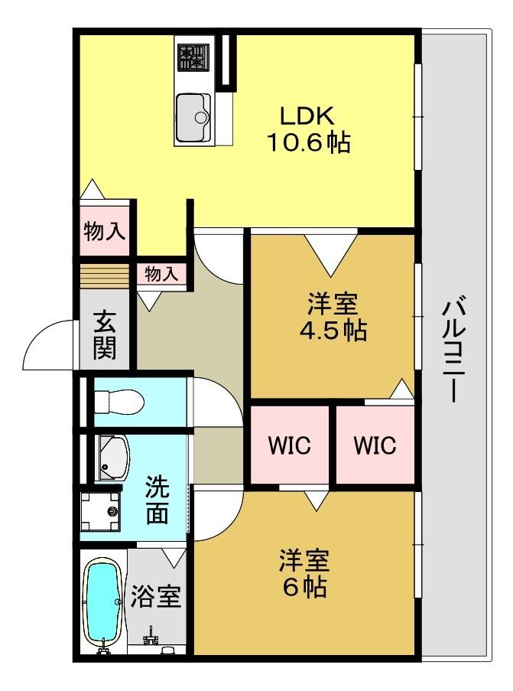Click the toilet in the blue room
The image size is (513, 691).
pos(119,402)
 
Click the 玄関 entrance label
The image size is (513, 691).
pos(105,334)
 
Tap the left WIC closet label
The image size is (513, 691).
pos(289,445)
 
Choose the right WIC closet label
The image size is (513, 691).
pos(375,445)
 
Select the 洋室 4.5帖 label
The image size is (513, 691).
pos(333,316)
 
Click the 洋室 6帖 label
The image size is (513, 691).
pos(304,573)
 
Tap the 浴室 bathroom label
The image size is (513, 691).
pos(155,597)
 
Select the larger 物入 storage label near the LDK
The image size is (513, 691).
pos(105,230)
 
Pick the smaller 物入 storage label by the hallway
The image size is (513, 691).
pos(161,274)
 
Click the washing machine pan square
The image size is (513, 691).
pos(100,511)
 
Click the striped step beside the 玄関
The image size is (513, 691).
pos(105,276)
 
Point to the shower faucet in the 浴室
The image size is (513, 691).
pos(151,637)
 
